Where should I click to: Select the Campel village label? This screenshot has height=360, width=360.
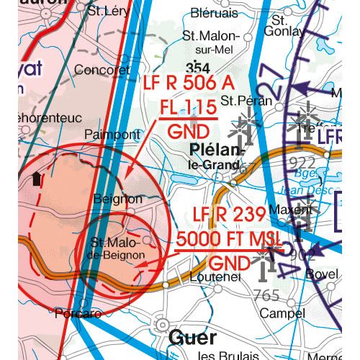coord(283,313)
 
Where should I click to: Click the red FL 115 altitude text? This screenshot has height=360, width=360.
coord(188,108)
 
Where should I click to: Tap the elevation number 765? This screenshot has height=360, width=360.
coord(266,295)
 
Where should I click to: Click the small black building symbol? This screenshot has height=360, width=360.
coord(37,179)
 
